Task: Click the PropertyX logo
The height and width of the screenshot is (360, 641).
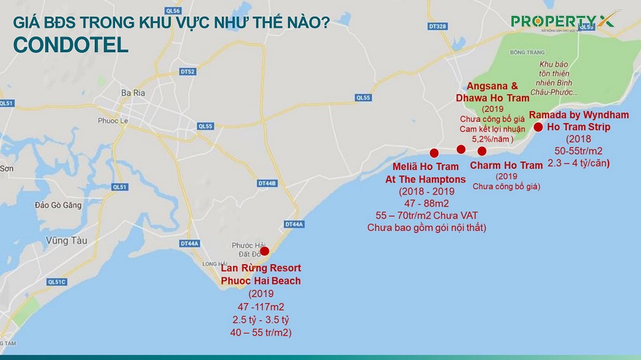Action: pos(562,21)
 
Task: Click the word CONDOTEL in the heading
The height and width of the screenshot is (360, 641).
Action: pos(70,44)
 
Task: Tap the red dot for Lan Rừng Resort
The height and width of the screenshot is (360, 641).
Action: pos(265,251)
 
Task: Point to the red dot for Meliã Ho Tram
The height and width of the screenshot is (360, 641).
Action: pos(434,152)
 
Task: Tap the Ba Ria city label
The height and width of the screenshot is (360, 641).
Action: pos(132,94)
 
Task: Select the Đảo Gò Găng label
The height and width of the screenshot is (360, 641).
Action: pos(59,205)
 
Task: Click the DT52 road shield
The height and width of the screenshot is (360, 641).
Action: pos(188,71)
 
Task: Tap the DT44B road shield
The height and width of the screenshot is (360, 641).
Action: pos(267,183)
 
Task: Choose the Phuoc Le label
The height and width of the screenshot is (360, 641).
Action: pos(112,120)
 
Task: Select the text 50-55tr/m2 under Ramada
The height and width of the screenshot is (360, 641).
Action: pos(579,151)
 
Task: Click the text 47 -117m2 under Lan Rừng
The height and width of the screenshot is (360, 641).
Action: pos(260,308)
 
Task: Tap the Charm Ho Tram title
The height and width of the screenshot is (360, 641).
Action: pos(506,165)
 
